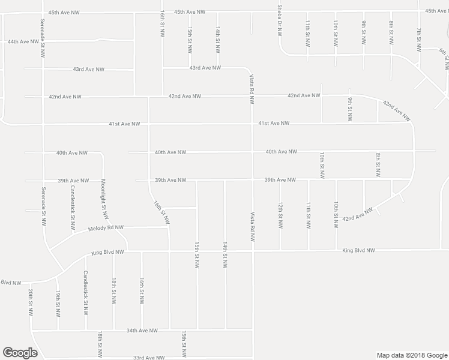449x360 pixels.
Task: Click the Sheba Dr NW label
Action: (x=280, y=21)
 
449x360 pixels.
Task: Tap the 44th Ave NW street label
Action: (x=23, y=41)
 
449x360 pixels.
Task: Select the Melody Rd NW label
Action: (x=105, y=228)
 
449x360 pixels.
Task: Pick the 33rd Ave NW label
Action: (x=149, y=358)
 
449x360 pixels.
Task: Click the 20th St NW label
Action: (x=29, y=301)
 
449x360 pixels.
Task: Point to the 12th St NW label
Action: (x=280, y=215)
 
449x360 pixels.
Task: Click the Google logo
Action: (x=20, y=353)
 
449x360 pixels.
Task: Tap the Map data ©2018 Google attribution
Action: (x=411, y=355)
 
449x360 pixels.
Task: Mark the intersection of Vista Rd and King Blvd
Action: (x=253, y=251)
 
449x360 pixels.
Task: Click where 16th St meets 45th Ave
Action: (x=163, y=12)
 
